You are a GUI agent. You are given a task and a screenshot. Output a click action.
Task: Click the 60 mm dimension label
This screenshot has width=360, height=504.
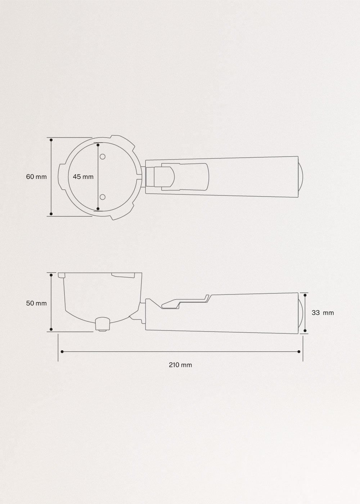click(x=36, y=177)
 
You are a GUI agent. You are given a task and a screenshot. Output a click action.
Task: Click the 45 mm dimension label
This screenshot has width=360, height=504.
click(x=83, y=177)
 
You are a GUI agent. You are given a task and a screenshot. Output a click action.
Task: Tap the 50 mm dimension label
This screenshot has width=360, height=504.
click(x=36, y=303)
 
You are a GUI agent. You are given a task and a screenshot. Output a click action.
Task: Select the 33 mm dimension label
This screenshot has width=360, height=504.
click(x=323, y=313)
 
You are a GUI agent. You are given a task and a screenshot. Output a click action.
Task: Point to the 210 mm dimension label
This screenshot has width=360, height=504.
click(x=180, y=365)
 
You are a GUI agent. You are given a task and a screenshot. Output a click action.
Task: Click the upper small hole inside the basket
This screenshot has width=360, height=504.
click(x=103, y=157)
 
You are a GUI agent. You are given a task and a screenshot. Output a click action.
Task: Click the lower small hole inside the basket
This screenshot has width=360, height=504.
click(x=103, y=197)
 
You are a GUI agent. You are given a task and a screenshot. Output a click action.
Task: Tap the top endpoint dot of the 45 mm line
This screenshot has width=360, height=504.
click(x=98, y=145)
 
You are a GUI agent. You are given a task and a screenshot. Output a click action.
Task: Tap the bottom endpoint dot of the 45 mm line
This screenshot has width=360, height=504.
click(x=98, y=208)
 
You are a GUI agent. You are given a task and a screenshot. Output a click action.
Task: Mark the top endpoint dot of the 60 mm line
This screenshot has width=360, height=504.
click(x=51, y=140)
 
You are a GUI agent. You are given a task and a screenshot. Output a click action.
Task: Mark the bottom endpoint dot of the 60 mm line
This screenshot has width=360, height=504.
click(x=51, y=214)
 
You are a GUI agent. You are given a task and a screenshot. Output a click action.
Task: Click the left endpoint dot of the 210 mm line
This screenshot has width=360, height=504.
click(x=62, y=351)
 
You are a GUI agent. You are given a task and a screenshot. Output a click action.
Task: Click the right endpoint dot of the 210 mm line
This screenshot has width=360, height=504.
click(x=299, y=351)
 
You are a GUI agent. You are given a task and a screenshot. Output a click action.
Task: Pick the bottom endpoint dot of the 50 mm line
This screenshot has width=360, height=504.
click(x=51, y=329)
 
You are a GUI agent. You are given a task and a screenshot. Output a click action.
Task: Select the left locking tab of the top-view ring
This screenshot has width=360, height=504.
click(x=62, y=177)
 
